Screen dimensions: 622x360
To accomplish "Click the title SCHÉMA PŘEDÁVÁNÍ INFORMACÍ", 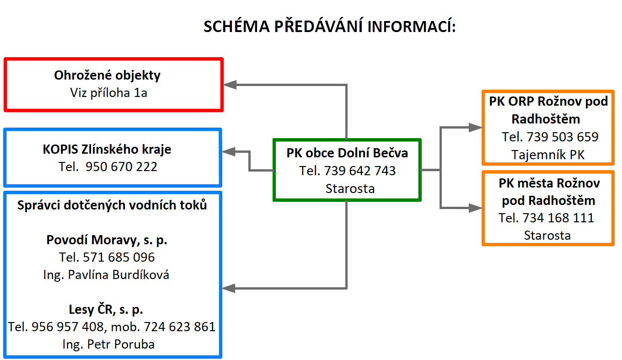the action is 330,27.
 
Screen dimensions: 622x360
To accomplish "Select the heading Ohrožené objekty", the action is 107,75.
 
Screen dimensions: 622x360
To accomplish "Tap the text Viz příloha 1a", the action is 108,93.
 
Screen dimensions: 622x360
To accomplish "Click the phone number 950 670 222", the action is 121,167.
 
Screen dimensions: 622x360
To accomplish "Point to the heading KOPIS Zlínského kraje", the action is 107,150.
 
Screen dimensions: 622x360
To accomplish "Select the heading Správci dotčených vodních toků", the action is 112,205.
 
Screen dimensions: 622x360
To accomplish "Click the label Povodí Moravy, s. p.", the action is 107,240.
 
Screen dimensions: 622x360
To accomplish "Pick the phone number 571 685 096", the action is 119,257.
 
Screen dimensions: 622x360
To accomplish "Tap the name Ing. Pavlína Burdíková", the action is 106,275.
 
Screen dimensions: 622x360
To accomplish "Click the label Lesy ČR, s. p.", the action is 106,309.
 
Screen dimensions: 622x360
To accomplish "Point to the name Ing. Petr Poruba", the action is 108,344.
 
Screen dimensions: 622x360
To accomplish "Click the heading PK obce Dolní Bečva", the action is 347,153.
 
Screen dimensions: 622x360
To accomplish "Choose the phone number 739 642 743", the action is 359,171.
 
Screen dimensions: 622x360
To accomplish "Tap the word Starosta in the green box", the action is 350,188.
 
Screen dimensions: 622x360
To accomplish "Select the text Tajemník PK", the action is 548,155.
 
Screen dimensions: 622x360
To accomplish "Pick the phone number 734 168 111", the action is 558,218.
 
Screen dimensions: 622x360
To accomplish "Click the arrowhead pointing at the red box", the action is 230,85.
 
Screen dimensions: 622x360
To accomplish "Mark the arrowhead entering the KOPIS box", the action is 229,152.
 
